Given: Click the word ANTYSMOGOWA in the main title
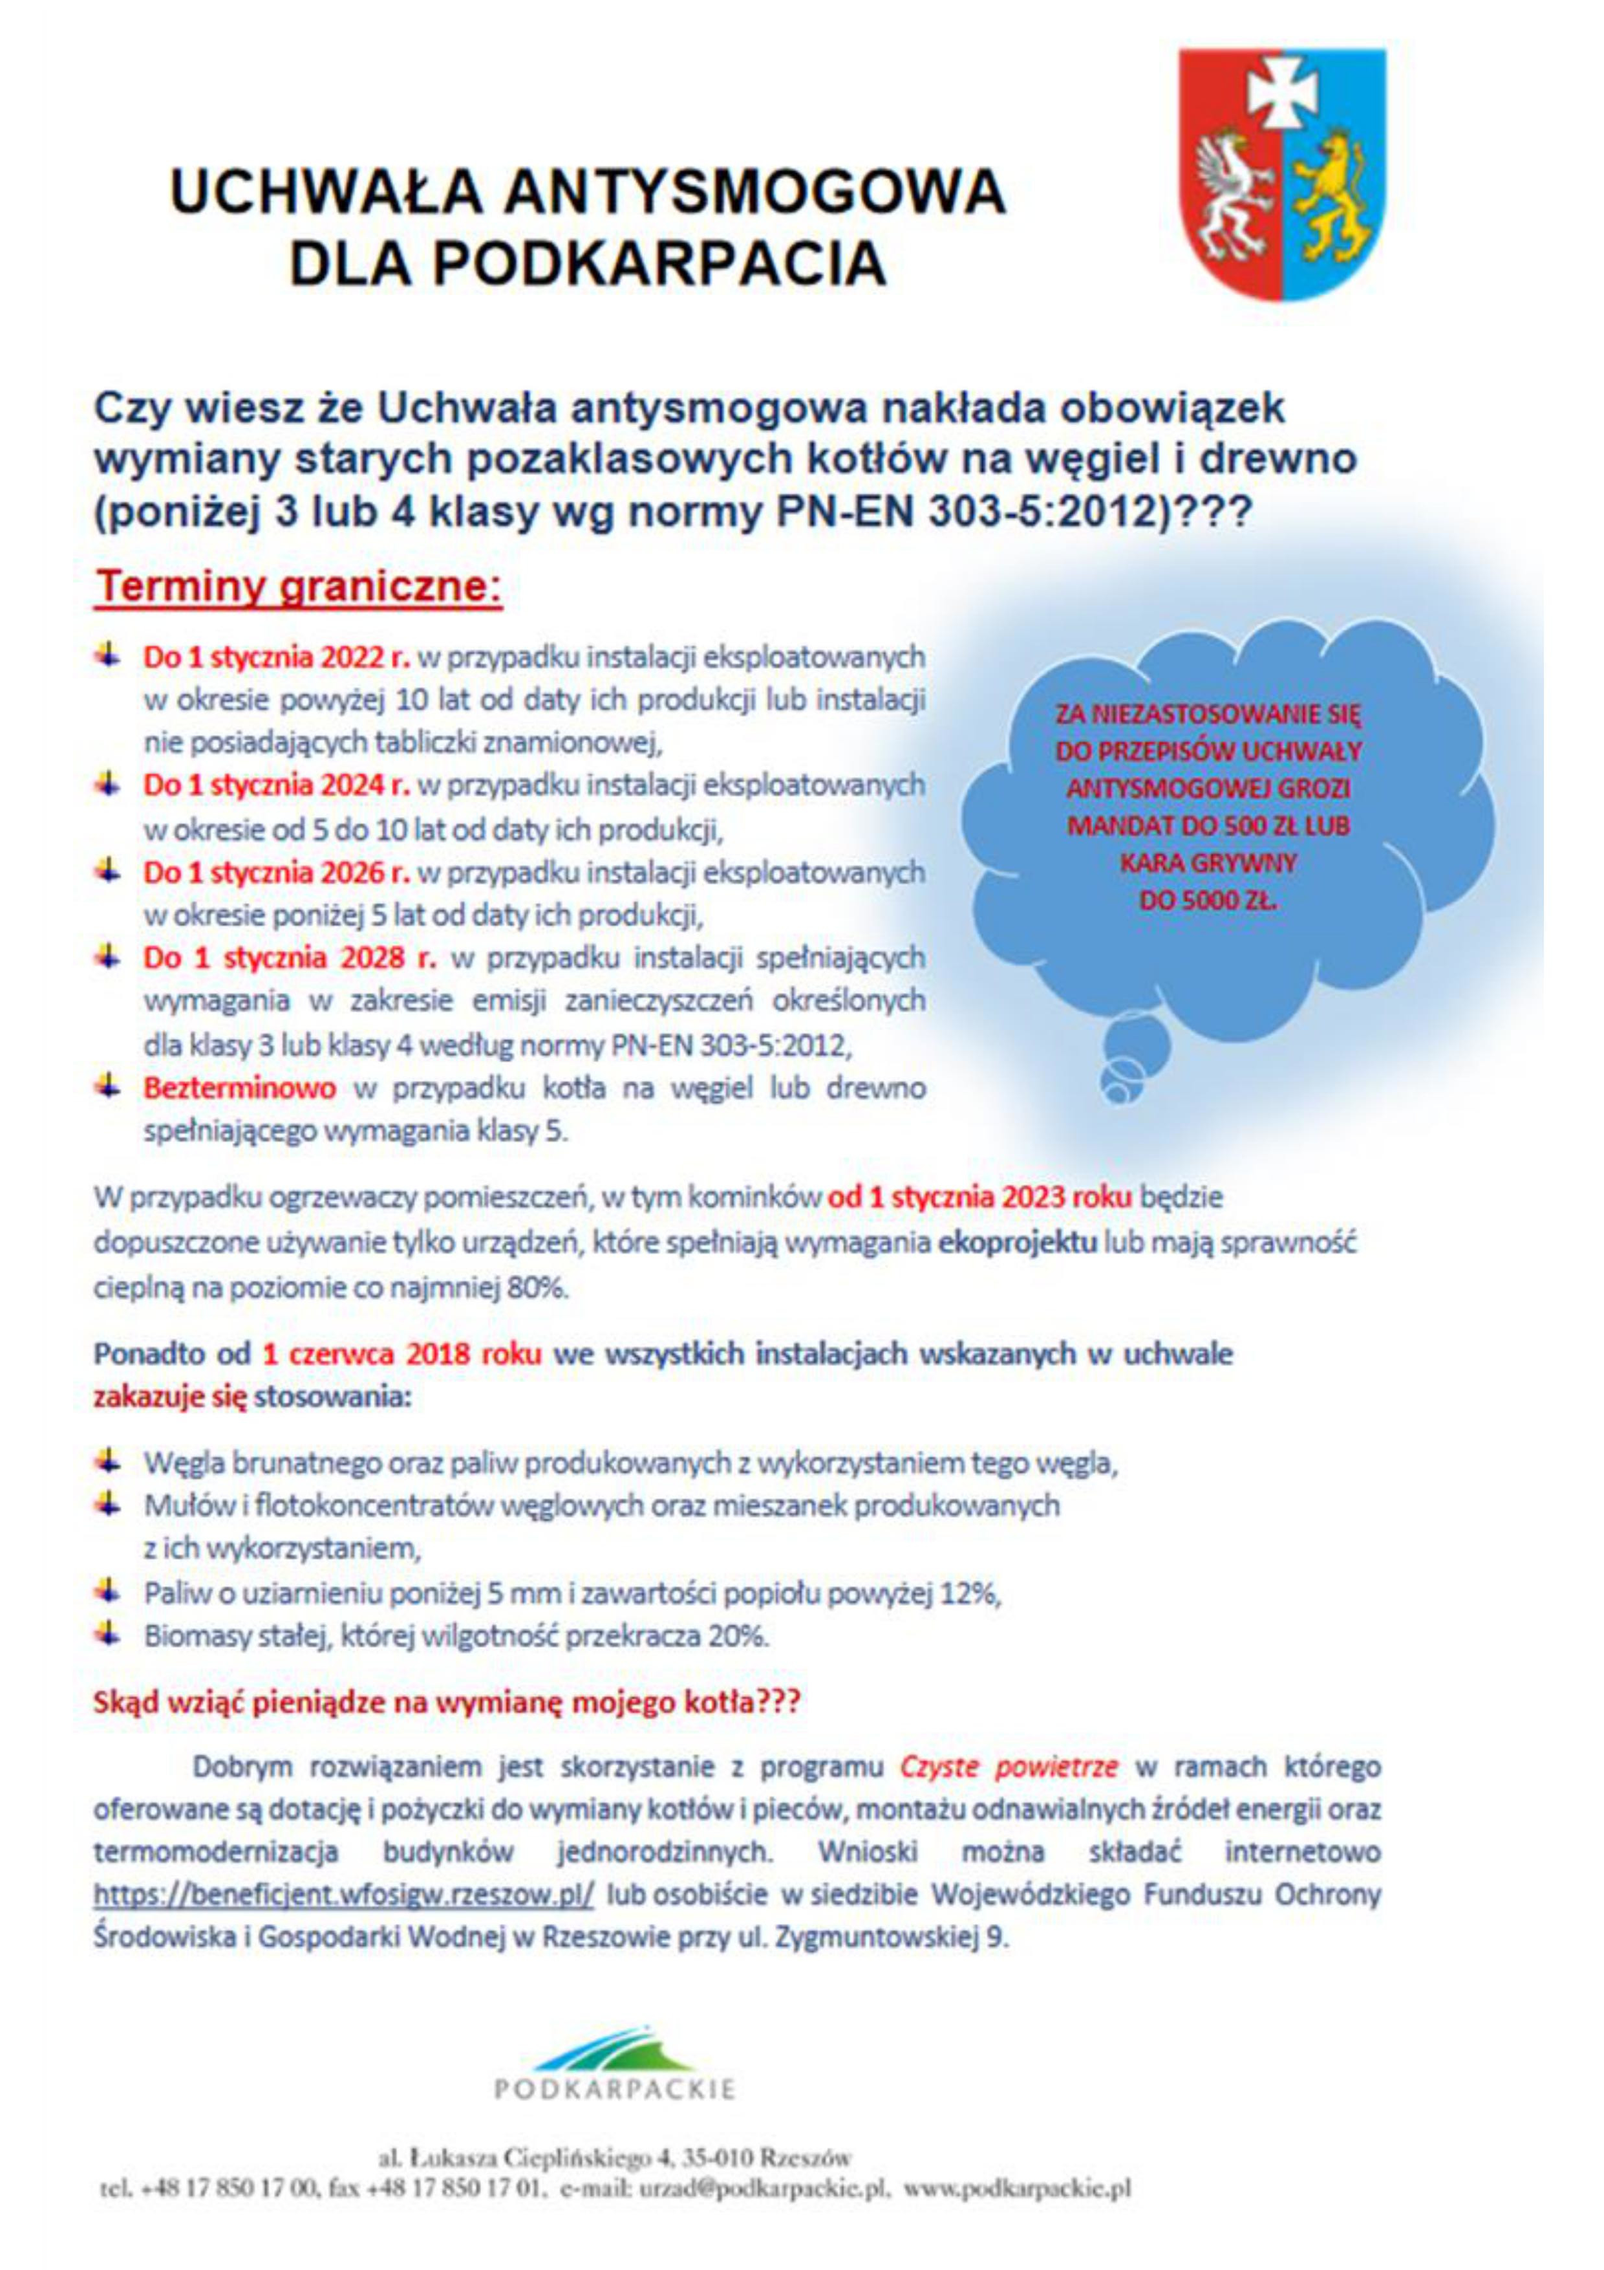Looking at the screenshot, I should point(753,191).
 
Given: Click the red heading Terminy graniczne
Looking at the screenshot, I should point(299,587).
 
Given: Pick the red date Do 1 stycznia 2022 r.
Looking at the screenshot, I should point(277,657).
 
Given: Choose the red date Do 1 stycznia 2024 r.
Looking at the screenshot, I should point(277,785).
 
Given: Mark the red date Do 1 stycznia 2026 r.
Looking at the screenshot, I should point(277,873).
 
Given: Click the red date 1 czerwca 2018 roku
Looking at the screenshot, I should point(401,1353).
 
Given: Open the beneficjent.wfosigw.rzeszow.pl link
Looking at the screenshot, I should point(343,1895).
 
